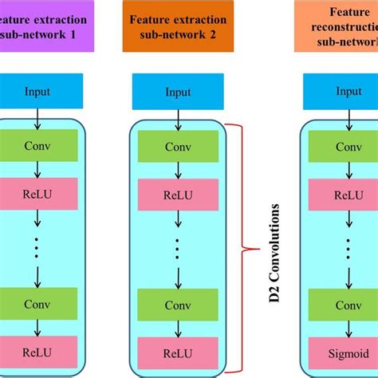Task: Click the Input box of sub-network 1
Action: [37, 92]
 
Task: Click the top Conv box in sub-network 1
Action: [37, 147]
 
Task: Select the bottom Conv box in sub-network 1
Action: [37, 305]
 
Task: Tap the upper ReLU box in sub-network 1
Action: [37, 194]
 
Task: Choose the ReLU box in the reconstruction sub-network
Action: [346, 194]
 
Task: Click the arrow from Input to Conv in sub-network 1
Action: [37, 118]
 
